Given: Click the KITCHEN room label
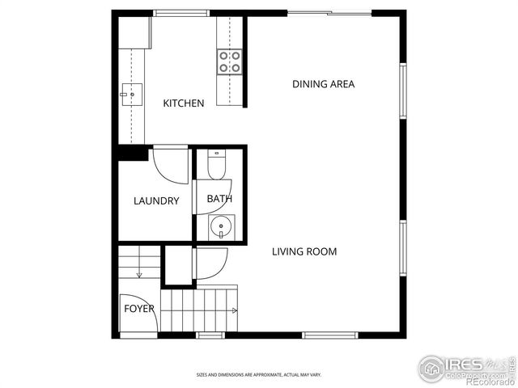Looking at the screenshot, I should click(x=184, y=103).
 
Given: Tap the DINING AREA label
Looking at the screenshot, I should click(x=323, y=84).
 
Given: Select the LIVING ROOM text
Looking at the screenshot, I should click(x=304, y=251).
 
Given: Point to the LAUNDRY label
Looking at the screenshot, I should click(x=156, y=200).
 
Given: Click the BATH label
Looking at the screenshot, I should click(x=219, y=199).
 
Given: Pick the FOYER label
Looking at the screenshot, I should click(x=138, y=309).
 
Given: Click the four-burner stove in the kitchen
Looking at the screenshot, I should click(x=229, y=61).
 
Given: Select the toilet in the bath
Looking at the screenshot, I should click(x=216, y=166).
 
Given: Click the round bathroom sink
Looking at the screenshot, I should click(x=221, y=226).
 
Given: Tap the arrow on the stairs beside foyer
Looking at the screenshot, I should click(x=234, y=310).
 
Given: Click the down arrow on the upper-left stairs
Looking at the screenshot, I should click(x=140, y=273).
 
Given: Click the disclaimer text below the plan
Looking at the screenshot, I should click(x=258, y=375).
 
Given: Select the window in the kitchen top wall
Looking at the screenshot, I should click(x=176, y=13).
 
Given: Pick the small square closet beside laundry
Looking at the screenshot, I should click(x=178, y=265).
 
